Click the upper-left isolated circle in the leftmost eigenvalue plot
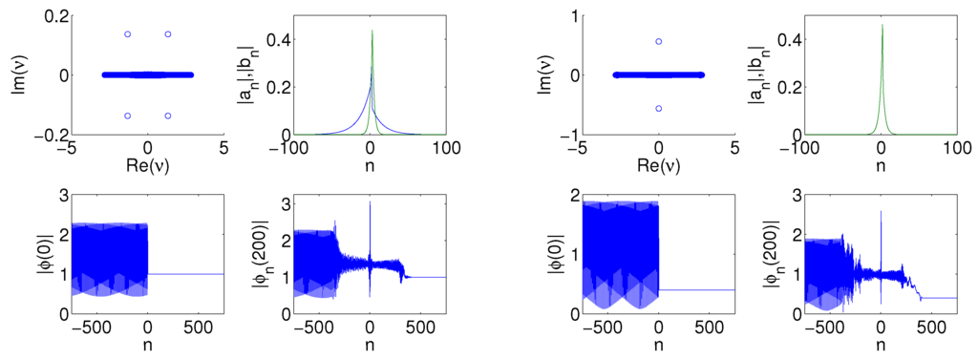click(127, 34)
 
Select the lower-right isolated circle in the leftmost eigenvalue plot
click(168, 116)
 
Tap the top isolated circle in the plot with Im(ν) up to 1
click(658, 41)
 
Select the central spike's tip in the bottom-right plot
click(881, 211)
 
